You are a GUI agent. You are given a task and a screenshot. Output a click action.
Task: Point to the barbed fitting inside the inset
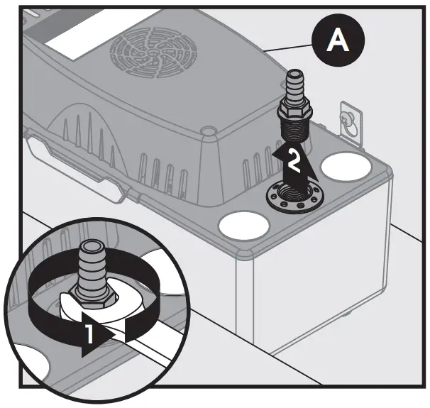click(90, 266)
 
